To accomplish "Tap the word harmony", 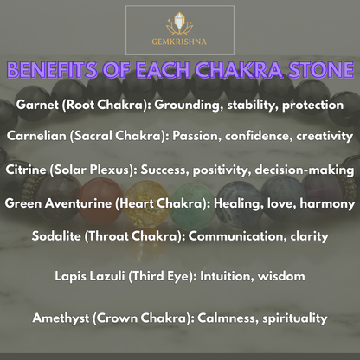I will pyautogui.click(x=326, y=204).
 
